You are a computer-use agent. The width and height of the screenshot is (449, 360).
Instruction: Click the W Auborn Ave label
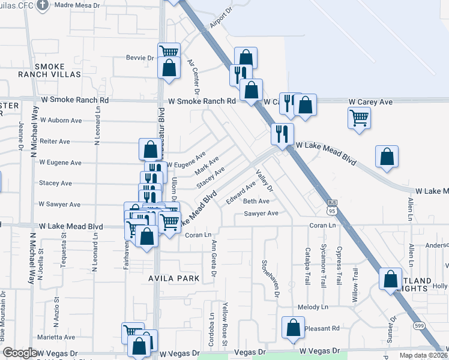(x=61, y=120)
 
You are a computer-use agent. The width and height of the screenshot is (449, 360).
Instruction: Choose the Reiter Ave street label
(x=55, y=142)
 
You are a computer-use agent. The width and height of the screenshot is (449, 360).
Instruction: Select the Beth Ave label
(x=256, y=201)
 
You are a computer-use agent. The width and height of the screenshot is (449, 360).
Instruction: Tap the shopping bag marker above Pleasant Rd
(x=294, y=328)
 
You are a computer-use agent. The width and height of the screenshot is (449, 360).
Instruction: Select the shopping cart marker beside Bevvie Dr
(x=169, y=52)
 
